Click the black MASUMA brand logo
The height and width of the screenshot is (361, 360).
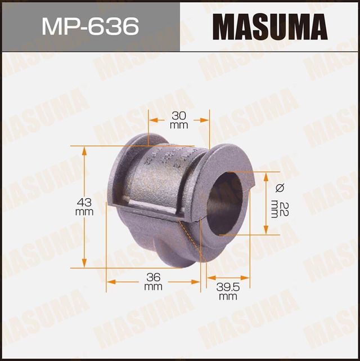point(269,26)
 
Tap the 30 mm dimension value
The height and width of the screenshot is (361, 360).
point(179,120)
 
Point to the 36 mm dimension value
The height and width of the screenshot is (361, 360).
point(152,282)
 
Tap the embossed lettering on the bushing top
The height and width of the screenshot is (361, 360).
point(169,157)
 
